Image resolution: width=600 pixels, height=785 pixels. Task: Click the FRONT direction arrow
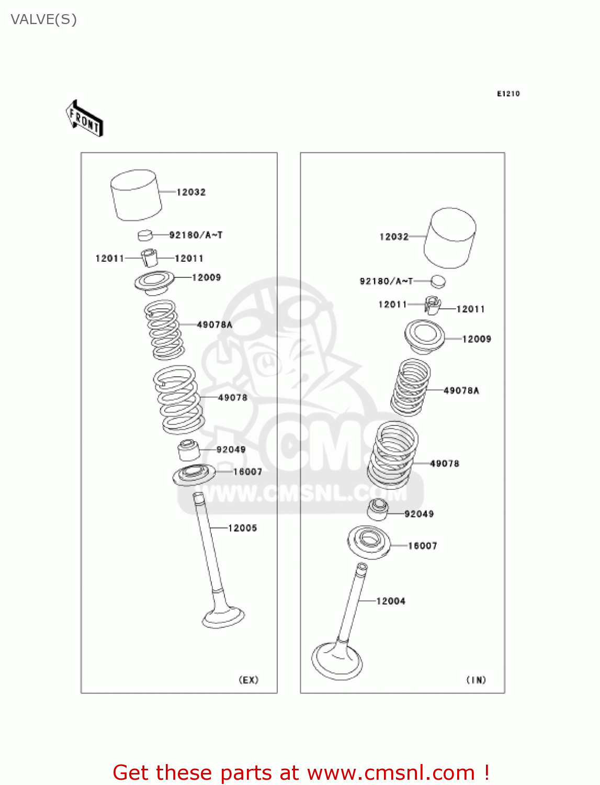pos(84,119)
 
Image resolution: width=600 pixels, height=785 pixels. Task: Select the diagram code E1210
pos(508,94)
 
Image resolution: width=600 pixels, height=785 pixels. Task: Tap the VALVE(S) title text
pos(44,19)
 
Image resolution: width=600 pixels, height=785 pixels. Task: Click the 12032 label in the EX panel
pos(191,192)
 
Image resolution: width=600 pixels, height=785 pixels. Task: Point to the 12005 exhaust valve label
pos(243,528)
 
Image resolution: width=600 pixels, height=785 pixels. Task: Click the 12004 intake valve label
pos(391,601)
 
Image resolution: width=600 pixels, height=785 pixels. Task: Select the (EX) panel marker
pos(248,680)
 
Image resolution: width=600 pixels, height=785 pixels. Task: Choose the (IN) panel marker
pos(476,680)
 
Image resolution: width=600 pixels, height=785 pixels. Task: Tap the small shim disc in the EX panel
pos(145,235)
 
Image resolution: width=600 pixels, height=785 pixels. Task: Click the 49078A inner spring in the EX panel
pos(164,330)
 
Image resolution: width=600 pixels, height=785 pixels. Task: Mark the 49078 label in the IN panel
pos(445,464)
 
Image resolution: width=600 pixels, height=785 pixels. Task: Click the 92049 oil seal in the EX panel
pos(188,451)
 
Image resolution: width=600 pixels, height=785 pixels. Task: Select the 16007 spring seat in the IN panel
pos(369,542)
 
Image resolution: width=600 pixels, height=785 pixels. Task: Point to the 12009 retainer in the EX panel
pos(154,282)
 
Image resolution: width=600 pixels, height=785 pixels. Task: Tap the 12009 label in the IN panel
pos(477,339)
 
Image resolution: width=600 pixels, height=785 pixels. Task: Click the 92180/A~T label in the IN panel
pos(386,282)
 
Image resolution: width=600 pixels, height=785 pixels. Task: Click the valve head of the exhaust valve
pos(223,617)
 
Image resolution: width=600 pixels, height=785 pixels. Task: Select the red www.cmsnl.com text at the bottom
pos(391,772)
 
